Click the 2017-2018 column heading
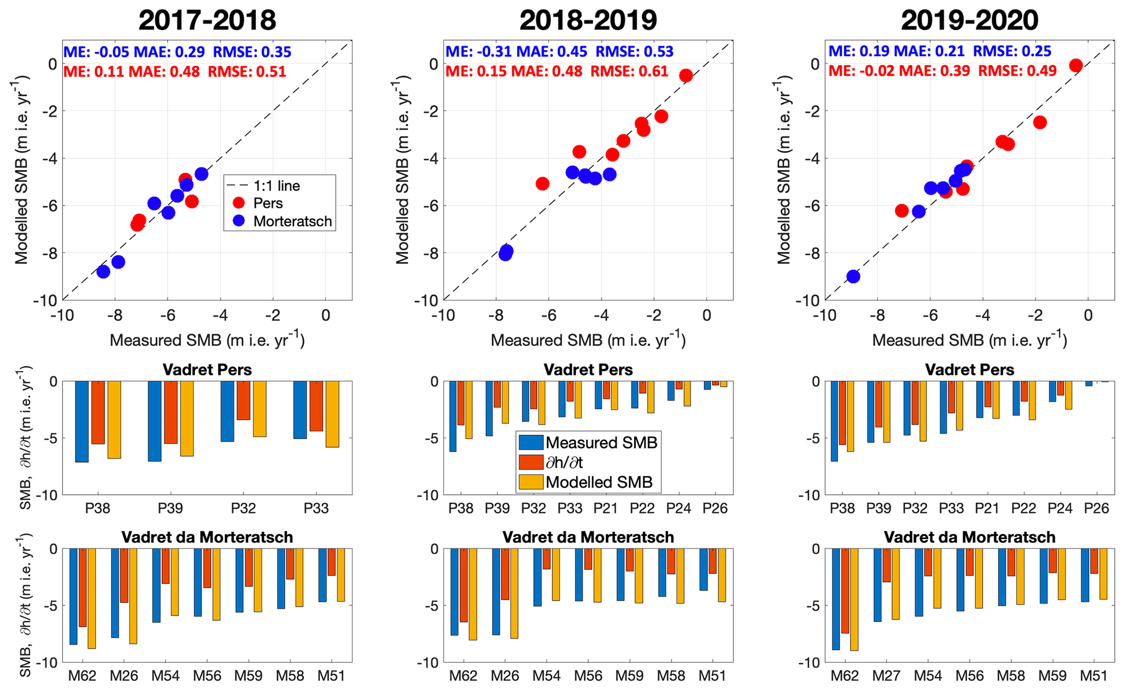(x=207, y=20)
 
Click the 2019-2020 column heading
(x=969, y=20)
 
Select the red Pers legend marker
(x=238, y=203)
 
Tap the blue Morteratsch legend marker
(x=238, y=221)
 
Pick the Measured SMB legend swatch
(x=531, y=442)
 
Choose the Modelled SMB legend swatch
(x=531, y=482)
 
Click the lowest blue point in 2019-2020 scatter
(x=853, y=276)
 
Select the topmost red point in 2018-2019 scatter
(x=686, y=76)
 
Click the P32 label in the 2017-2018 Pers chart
(x=243, y=508)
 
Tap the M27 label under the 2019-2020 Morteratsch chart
(x=886, y=676)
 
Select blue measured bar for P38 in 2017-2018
(x=82, y=422)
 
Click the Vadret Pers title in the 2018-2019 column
(x=588, y=370)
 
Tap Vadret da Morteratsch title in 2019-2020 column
(x=969, y=537)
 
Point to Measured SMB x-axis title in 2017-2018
(x=207, y=340)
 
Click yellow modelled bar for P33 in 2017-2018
(x=332, y=414)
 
